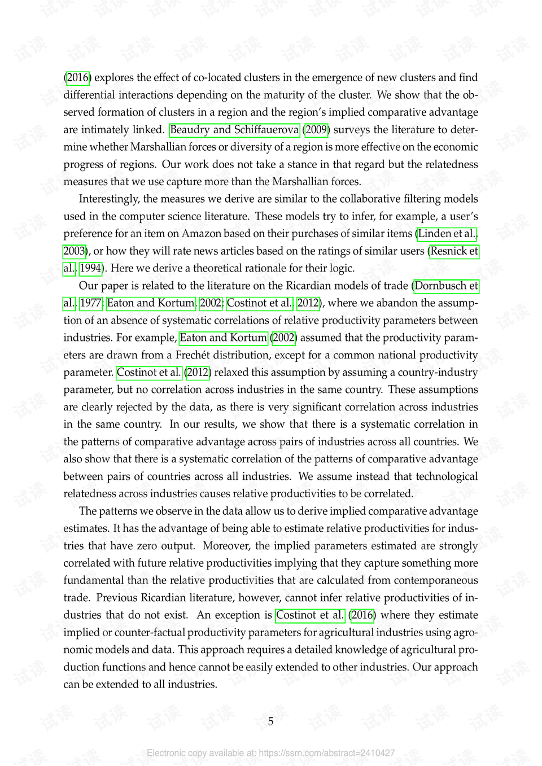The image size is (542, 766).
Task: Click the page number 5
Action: click(270, 721)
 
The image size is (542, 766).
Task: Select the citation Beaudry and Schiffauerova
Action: click(234, 130)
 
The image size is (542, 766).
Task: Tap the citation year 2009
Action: click(316, 130)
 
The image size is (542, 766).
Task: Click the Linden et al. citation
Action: click(447, 234)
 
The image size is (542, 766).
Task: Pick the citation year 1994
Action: click(90, 269)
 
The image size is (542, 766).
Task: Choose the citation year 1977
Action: click(90, 303)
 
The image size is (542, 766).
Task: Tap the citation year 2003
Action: click(74, 251)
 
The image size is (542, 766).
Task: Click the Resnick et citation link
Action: click(454, 251)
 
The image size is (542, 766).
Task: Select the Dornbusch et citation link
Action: click(446, 286)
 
